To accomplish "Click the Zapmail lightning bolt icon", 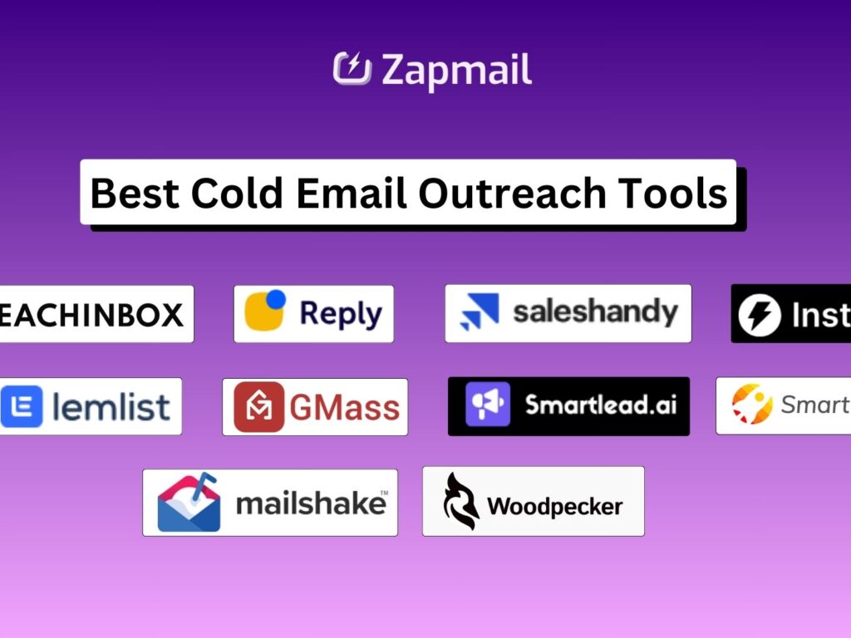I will [352, 69].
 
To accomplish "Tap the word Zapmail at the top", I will [456, 70].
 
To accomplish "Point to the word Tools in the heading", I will [672, 193].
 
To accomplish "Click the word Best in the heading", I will [134, 193].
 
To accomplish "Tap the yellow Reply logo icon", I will [265, 312].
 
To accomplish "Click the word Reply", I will [341, 313].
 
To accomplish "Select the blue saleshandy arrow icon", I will [479, 312].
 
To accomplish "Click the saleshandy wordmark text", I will [595, 312].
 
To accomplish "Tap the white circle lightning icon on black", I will [760, 316].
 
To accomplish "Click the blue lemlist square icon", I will [22, 406].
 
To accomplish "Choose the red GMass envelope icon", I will [258, 407].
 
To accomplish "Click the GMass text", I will [344, 408].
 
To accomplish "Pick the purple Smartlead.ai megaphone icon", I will [488, 405].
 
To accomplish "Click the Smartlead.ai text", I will [601, 405].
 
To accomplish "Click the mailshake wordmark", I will [312, 503].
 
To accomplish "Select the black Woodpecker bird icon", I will [460, 501].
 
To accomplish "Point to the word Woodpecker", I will [554, 505].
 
